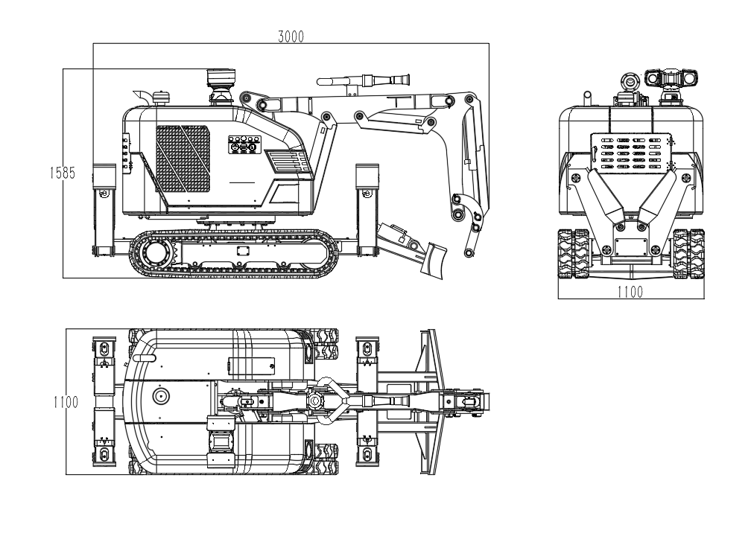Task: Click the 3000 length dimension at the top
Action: [291, 36]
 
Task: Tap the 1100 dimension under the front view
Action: [629, 292]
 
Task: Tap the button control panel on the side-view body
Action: [244, 144]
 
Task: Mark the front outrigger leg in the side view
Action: [367, 212]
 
